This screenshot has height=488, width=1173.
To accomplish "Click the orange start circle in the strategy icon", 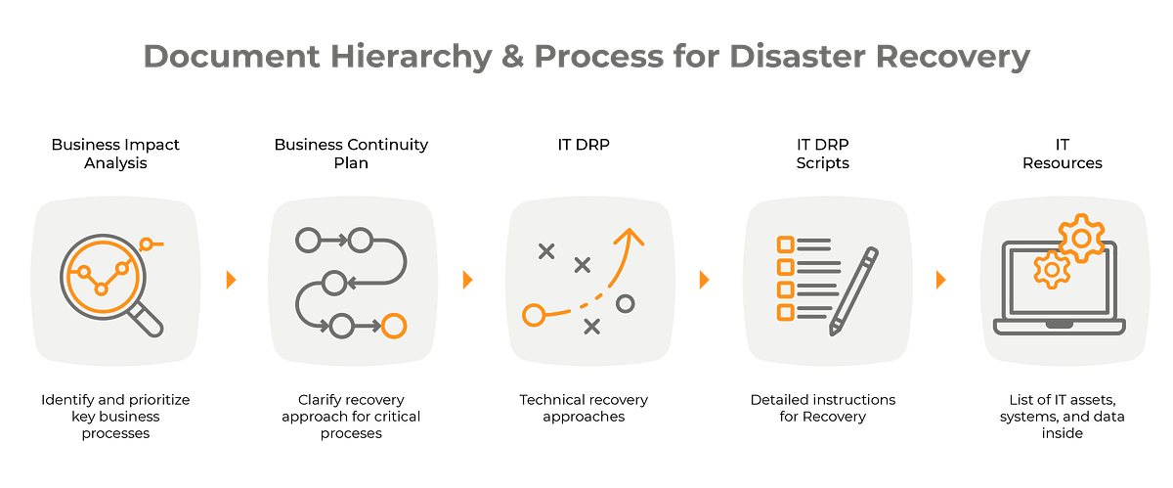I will (533, 315).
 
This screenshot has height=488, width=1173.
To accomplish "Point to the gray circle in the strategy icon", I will (626, 303).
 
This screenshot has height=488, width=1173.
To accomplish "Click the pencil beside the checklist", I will (853, 290).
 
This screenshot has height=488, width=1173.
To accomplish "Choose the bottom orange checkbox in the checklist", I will (784, 312).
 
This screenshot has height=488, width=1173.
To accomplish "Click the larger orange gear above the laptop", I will (1081, 238).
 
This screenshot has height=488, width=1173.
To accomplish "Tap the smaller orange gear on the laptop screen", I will (1051, 267).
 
